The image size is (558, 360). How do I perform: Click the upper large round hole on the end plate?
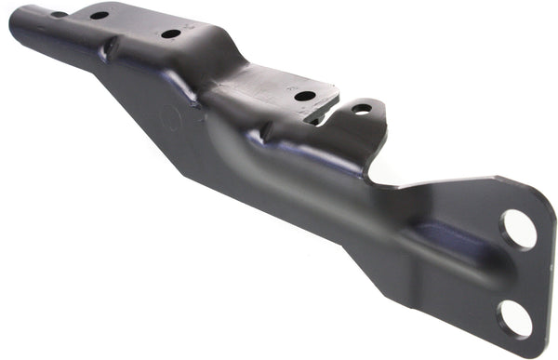pos(518,229)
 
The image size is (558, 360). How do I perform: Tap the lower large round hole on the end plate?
pos(513,318)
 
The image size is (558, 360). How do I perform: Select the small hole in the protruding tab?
pos(361,109)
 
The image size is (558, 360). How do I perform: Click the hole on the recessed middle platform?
pos(304,96)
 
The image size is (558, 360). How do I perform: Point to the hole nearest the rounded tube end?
pos(58,14)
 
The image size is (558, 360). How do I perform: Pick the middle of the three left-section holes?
pos(99,16)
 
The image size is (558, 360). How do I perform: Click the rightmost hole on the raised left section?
pos(170,33)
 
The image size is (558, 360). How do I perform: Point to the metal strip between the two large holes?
pos(516,273)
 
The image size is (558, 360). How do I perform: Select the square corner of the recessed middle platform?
pos(334,87)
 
